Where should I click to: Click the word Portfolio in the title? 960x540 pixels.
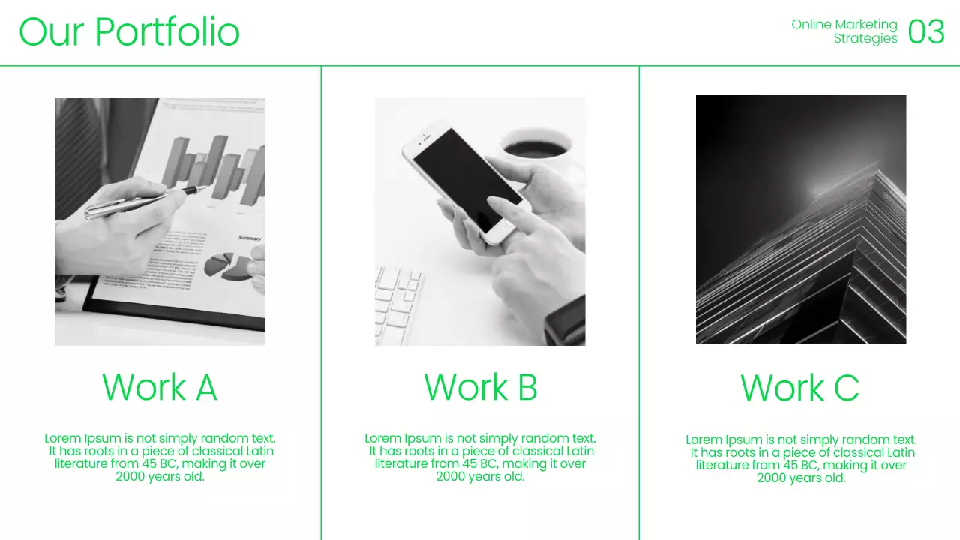[x=166, y=31]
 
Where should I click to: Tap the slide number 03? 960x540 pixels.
[x=926, y=31]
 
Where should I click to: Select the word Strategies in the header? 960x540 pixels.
[x=865, y=38]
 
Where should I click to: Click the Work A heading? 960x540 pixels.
[x=160, y=387]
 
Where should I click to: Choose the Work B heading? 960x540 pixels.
[x=481, y=387]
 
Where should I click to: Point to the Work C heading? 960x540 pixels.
[x=799, y=388]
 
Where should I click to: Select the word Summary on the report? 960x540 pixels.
[x=250, y=238]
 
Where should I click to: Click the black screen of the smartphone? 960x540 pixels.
[x=467, y=180]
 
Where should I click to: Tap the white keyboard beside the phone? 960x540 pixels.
[x=397, y=305]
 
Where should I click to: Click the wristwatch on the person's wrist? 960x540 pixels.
[x=565, y=320]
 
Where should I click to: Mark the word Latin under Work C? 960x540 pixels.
[x=901, y=452]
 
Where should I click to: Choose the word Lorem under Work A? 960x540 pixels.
[x=62, y=439]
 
